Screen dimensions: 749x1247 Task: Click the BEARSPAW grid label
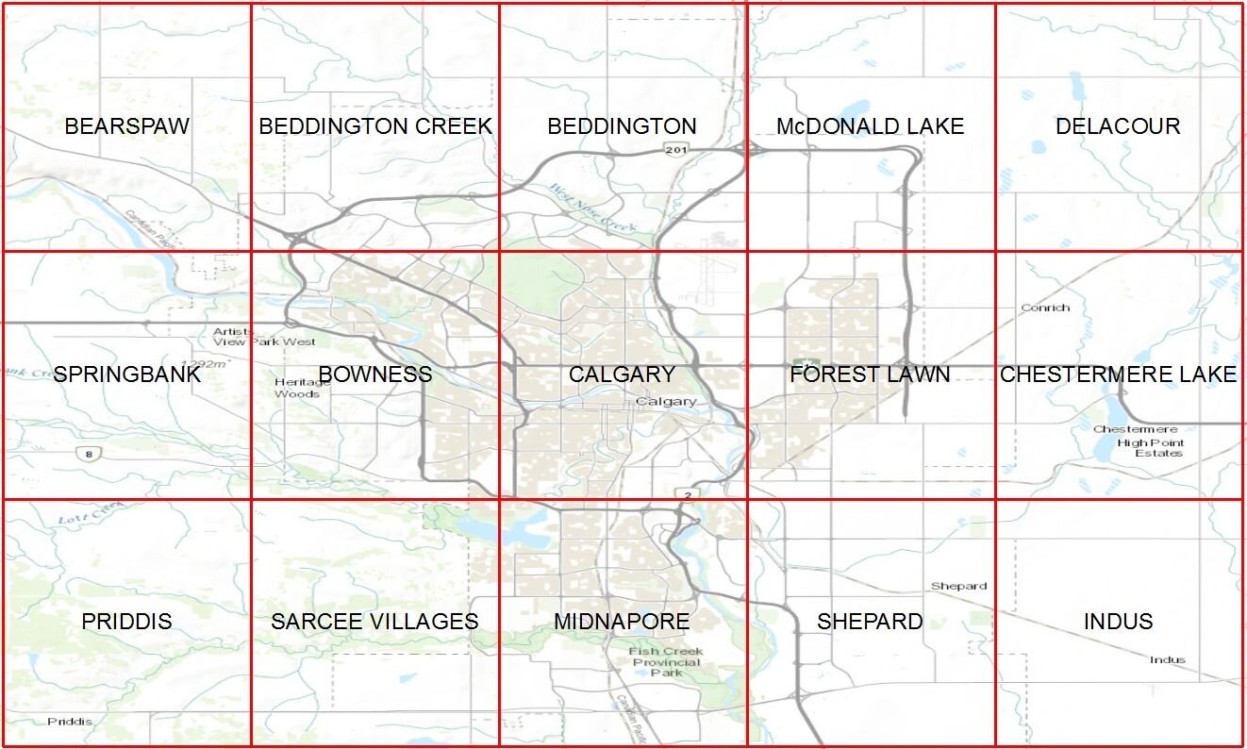(x=126, y=126)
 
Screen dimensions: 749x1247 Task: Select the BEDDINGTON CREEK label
(x=375, y=126)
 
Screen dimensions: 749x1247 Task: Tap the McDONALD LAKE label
(x=870, y=126)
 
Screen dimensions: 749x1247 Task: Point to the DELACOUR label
(x=1118, y=126)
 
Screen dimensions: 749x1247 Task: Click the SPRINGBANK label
(x=127, y=374)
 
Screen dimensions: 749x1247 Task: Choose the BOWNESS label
(x=375, y=374)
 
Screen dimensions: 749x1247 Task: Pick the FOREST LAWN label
(x=870, y=374)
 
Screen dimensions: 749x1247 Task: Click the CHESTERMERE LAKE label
(x=1118, y=374)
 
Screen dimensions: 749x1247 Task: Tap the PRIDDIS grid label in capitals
(x=126, y=622)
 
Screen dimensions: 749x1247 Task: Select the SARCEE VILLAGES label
(x=374, y=622)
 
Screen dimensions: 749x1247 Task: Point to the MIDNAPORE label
(x=622, y=622)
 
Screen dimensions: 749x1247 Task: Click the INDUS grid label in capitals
(x=1118, y=622)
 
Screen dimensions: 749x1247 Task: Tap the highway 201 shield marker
(x=673, y=150)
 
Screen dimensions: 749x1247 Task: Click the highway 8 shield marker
(x=87, y=455)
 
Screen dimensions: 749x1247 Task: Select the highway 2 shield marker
(x=690, y=495)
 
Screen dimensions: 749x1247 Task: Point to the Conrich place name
(x=1045, y=308)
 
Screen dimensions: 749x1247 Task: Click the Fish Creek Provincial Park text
(x=666, y=661)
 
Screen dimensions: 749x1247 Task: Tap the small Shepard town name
(x=958, y=586)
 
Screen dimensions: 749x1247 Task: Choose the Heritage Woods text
(x=297, y=388)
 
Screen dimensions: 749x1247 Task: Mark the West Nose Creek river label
(x=592, y=208)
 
